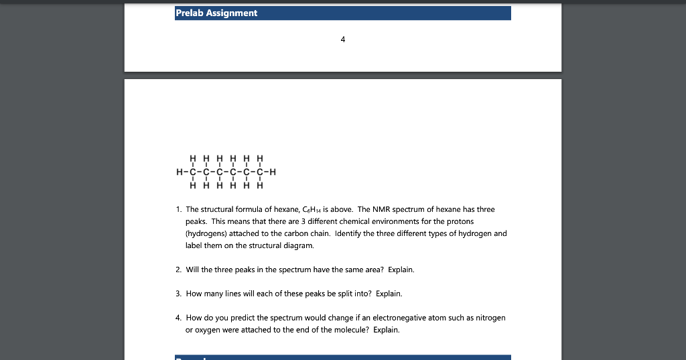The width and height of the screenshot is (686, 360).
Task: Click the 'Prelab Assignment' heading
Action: [216, 13]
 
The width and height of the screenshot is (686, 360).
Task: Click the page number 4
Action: [342, 40]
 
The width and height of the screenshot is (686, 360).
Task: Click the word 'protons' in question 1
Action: [462, 221]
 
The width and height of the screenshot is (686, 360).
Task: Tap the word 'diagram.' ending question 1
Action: [299, 245]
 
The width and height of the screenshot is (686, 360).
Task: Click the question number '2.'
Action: [178, 269]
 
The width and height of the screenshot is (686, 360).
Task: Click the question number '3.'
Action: [178, 294]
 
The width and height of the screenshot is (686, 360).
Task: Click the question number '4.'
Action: [178, 318]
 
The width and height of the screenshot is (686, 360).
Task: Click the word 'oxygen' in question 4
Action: [206, 330]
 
